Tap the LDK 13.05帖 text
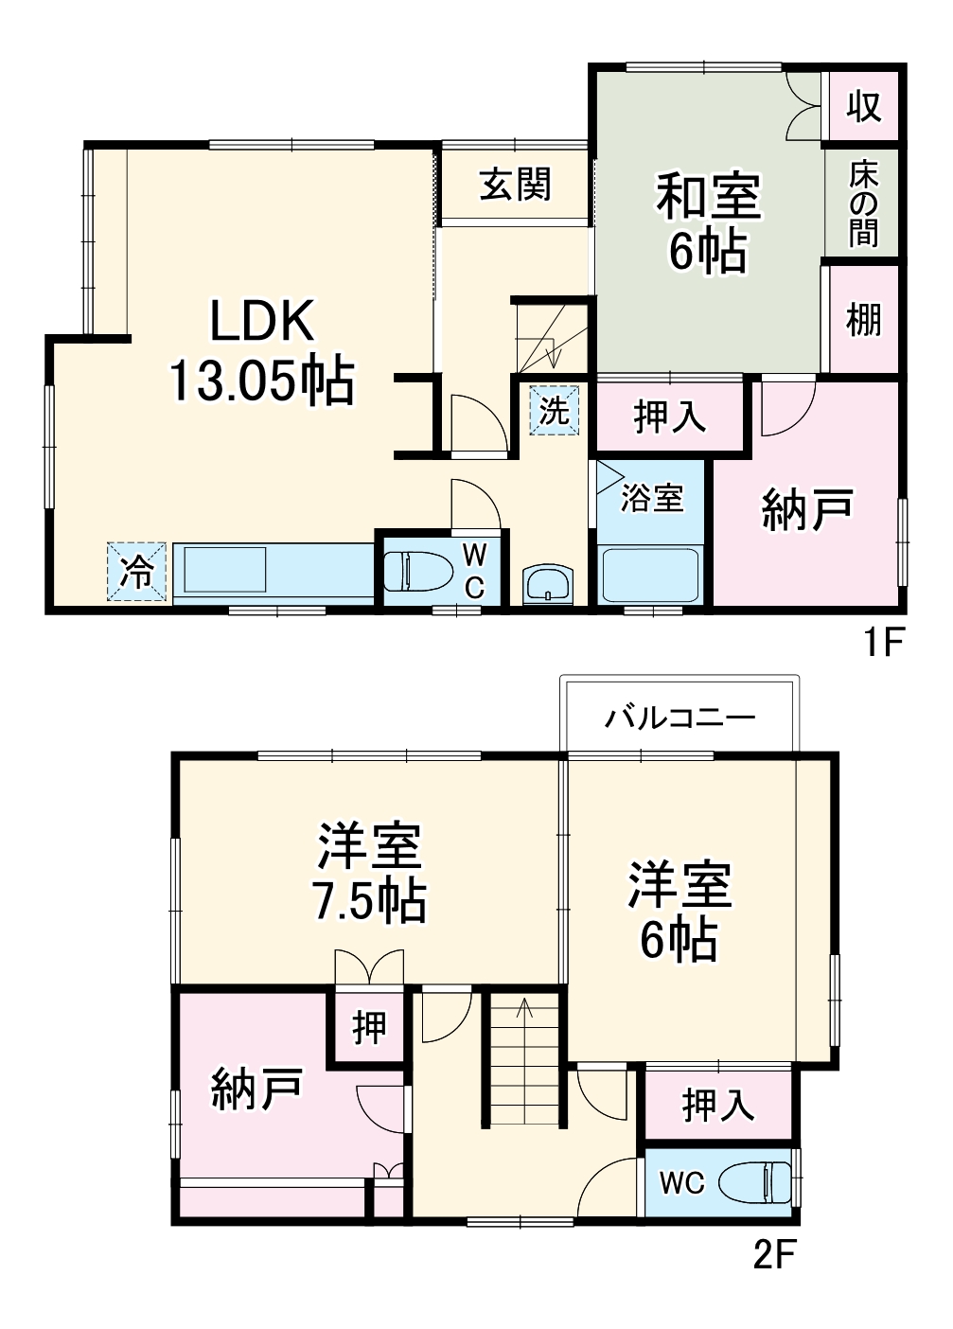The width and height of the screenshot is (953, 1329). pos(261,351)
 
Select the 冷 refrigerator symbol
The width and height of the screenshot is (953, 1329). pos(138,571)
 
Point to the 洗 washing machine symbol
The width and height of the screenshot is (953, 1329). pos(554,410)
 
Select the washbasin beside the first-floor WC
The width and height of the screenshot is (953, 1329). pos(548,583)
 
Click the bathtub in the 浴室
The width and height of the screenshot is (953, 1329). pos(651,575)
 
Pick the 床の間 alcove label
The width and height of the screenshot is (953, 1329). pos(863,204)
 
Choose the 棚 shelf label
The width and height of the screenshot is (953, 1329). pos(863,319)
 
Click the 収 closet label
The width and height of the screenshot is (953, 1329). pos(863,105)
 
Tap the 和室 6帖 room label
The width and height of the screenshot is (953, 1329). pos(708,223)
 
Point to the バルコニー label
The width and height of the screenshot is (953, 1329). pos(680,717)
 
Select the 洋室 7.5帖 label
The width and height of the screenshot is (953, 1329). pos(369,873)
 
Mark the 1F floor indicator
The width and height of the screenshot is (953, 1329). pos(883,643)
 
